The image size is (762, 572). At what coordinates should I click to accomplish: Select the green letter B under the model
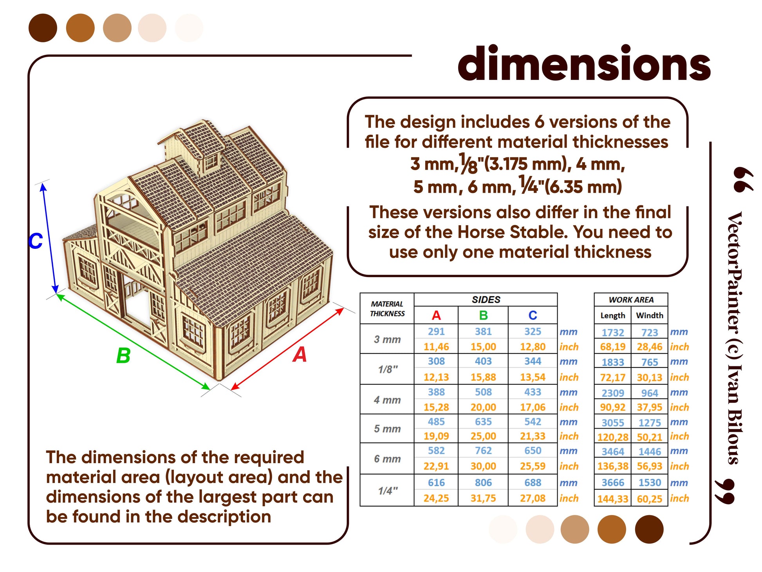(x=123, y=356)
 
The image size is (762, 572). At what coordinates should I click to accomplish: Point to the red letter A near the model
(x=300, y=355)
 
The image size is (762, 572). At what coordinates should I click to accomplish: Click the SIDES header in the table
(x=486, y=300)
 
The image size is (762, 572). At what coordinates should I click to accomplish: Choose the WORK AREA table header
(x=631, y=300)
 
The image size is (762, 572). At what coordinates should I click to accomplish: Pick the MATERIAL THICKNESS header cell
(x=387, y=309)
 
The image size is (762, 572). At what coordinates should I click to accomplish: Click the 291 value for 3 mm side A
(x=436, y=331)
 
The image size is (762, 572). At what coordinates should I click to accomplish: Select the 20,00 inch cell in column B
(x=483, y=407)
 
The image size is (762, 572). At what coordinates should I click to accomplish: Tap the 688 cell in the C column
(x=533, y=483)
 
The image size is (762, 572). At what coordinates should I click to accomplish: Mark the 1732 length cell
(x=613, y=333)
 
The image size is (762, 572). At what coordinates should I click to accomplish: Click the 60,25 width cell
(x=650, y=499)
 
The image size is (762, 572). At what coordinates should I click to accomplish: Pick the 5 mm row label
(x=387, y=429)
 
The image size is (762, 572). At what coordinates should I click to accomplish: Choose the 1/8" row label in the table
(x=388, y=369)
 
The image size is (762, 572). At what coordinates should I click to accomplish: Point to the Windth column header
(x=650, y=315)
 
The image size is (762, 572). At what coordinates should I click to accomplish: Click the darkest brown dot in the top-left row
(x=43, y=28)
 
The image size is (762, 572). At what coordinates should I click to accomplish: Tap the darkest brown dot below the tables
(x=649, y=529)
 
